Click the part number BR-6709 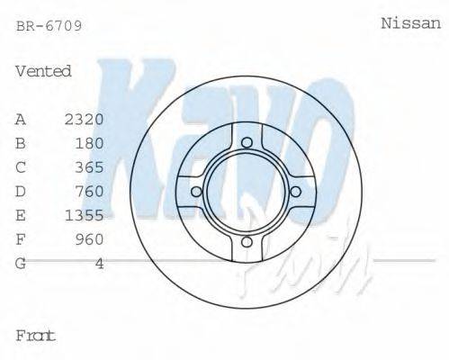[49, 26]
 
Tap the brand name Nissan [411, 24]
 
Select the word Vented [43, 71]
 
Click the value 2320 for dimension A [85, 119]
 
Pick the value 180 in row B [90, 142]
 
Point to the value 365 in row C [90, 166]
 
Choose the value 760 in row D [90, 191]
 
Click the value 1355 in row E [85, 215]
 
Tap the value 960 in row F [90, 239]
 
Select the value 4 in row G [100, 264]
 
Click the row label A [21, 119]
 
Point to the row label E [21, 215]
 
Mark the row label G [21, 264]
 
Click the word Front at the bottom [36, 336]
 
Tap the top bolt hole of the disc [247, 140]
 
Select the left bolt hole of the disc [196, 191]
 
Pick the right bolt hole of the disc [297, 191]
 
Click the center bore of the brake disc [247, 191]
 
